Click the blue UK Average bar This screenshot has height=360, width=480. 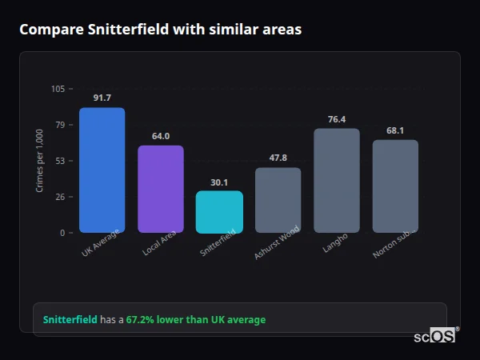[102, 170]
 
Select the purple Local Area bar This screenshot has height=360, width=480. [161, 189]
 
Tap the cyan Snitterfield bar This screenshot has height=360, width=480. [219, 212]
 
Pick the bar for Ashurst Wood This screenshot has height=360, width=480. [278, 200]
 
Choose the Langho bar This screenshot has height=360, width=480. [337, 181]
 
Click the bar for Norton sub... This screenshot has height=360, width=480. [395, 186]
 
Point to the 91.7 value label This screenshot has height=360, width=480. [102, 98]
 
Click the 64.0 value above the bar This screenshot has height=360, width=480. [161, 136]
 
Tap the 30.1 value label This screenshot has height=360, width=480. [219, 182]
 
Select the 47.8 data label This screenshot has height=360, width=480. [278, 158]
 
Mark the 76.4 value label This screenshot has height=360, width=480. [337, 119]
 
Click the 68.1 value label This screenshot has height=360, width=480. [395, 130]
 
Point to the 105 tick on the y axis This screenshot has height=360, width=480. [58, 89]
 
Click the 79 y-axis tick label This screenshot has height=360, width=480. [60, 125]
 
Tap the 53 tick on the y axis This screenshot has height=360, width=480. [60, 161]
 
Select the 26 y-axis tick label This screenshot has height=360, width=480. [60, 197]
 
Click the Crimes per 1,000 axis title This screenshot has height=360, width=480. [39, 161]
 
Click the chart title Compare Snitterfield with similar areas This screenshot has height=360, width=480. [160, 30]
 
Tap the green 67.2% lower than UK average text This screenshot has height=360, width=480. [196, 320]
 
